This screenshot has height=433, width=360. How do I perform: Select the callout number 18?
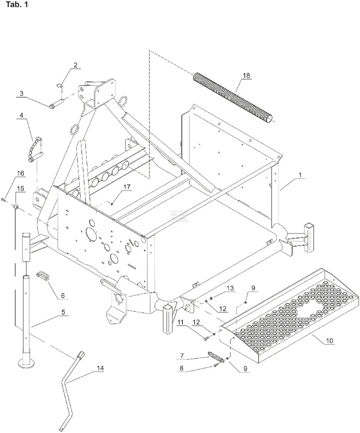click(x=246, y=75)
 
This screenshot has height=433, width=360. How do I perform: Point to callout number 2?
click(x=75, y=65)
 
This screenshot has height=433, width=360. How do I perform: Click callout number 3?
click(x=21, y=93)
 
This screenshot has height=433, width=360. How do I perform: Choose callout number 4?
click(x=21, y=116)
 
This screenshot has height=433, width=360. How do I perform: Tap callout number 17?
click(x=126, y=187)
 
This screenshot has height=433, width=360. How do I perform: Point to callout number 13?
click(x=230, y=288)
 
